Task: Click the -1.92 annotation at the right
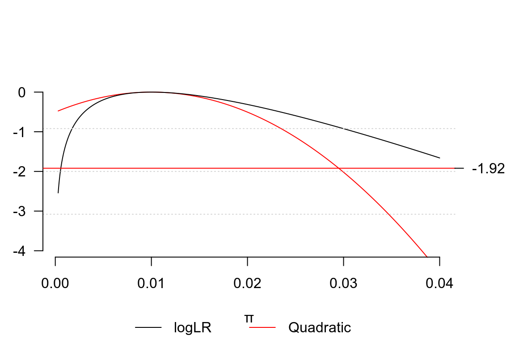tap(488, 169)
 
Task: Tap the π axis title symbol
tap(249, 318)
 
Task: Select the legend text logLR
tap(193, 328)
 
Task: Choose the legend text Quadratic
tap(320, 328)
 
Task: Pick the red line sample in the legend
tap(262, 328)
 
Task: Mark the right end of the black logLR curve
tap(439, 158)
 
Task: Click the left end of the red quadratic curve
tap(58, 111)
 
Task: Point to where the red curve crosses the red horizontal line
tap(339, 168)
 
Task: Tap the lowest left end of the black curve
tap(58, 193)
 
